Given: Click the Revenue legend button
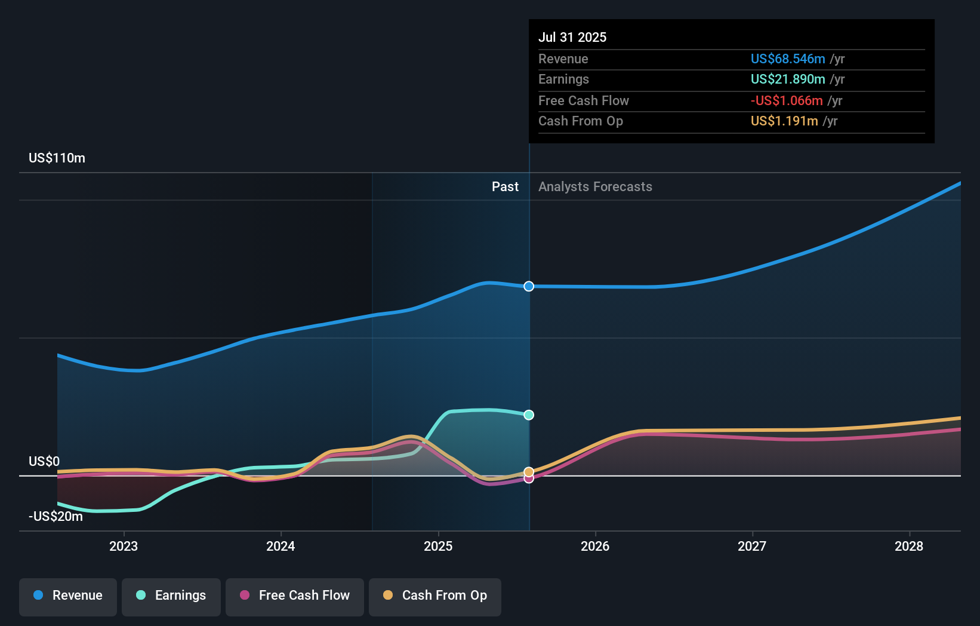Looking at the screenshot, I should coord(68,596).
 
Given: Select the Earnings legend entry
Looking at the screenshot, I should coord(171,596).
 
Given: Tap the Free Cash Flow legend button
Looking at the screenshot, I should coord(295,596).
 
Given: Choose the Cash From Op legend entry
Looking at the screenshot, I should coord(435,596).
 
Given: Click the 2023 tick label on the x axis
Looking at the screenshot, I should coord(124,546).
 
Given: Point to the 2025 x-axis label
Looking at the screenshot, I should coord(438,546).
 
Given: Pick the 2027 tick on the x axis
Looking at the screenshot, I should coord(752,546).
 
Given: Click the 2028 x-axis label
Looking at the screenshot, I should coord(909,546).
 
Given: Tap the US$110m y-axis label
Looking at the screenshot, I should coord(57,158).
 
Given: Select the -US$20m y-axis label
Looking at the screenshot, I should coord(56,517).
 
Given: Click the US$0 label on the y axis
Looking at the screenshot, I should coord(44,462).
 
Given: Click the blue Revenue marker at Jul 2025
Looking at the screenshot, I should coord(529,286).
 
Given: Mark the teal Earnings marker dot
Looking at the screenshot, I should coord(529,415).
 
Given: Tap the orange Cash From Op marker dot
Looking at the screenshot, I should coord(529,472).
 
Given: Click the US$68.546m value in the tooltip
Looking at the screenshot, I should coord(788,59).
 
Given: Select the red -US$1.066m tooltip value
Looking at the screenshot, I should coord(787,101).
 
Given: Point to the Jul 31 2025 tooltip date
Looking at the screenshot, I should coord(572,37).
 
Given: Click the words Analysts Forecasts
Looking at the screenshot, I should coord(595,187).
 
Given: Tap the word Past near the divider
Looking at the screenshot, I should coord(505,187).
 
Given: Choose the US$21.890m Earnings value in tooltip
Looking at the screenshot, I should coord(788,79).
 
